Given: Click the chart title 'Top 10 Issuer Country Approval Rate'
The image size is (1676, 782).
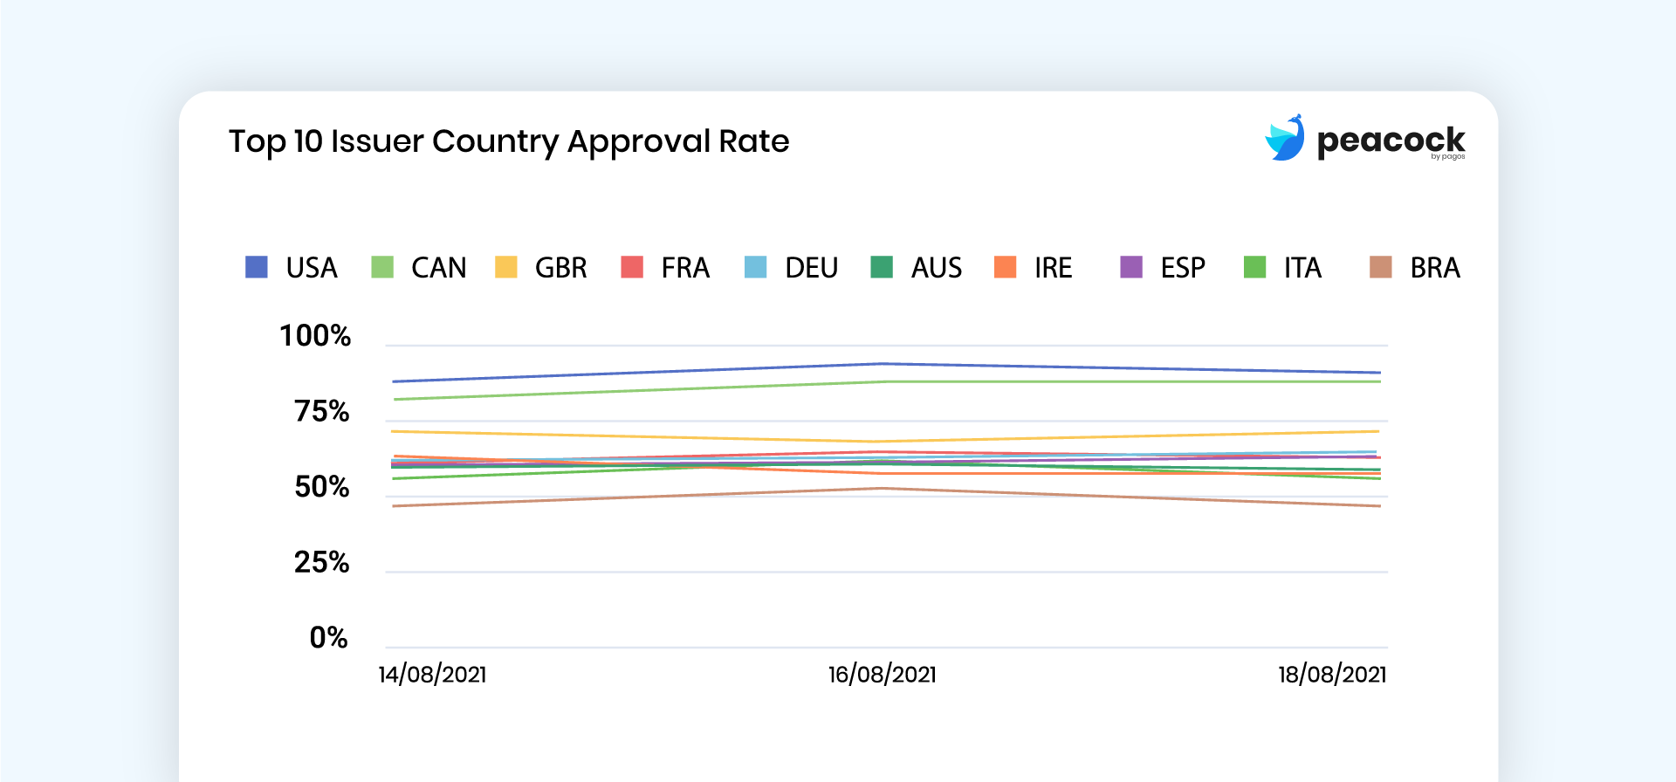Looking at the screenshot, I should (509, 141).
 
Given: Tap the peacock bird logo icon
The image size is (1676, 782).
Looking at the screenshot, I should (1285, 138).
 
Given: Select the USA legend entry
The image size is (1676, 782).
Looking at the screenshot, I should (292, 267).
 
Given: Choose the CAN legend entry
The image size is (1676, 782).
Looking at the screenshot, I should (419, 267).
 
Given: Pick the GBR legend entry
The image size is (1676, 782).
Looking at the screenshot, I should (541, 267).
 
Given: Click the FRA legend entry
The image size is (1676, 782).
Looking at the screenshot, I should (665, 267).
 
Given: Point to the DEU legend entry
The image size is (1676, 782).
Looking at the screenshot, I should (791, 267).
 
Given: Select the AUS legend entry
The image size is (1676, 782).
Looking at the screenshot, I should (917, 267).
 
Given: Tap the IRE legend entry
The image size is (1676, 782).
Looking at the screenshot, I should (1034, 267).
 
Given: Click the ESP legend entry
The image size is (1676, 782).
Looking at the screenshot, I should (1163, 267).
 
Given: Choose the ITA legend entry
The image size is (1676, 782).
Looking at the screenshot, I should (1283, 267).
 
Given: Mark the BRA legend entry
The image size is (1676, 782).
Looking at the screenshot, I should (1414, 267).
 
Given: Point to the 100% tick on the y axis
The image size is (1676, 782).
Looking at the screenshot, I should (315, 336).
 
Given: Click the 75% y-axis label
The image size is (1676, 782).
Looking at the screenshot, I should (321, 411).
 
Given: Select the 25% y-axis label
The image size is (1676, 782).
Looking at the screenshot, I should (321, 562).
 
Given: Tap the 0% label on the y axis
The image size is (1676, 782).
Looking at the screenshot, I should (328, 638).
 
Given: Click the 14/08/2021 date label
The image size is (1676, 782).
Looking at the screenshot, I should (432, 675).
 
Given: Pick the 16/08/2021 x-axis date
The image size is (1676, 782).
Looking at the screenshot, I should (882, 675).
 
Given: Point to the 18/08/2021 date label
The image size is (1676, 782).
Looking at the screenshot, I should (1332, 675).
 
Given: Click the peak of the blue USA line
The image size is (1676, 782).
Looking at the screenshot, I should (882, 364).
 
